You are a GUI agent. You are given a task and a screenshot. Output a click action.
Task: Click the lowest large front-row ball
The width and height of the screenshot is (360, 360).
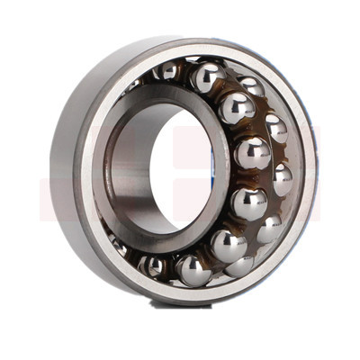(x=193, y=269)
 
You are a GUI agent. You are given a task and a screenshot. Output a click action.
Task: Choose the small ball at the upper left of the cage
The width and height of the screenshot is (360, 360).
(x=166, y=71)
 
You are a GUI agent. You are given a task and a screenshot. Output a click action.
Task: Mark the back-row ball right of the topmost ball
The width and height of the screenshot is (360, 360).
(x=251, y=86)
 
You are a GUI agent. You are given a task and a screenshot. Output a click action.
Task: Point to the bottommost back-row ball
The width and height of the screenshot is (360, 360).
(x=238, y=265)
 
